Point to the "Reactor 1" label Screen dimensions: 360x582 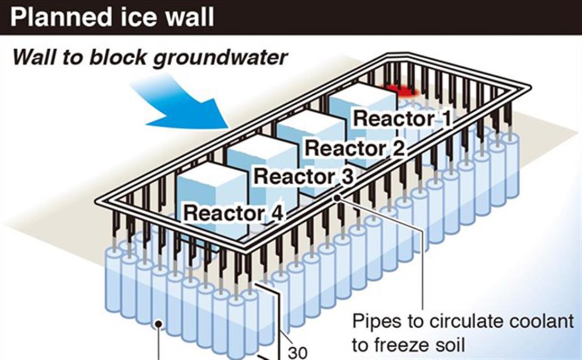point(402,119)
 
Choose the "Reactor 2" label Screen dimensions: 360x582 point(354,149)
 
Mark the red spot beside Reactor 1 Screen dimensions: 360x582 point(402,91)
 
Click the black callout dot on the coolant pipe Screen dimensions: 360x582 point(337,198)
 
